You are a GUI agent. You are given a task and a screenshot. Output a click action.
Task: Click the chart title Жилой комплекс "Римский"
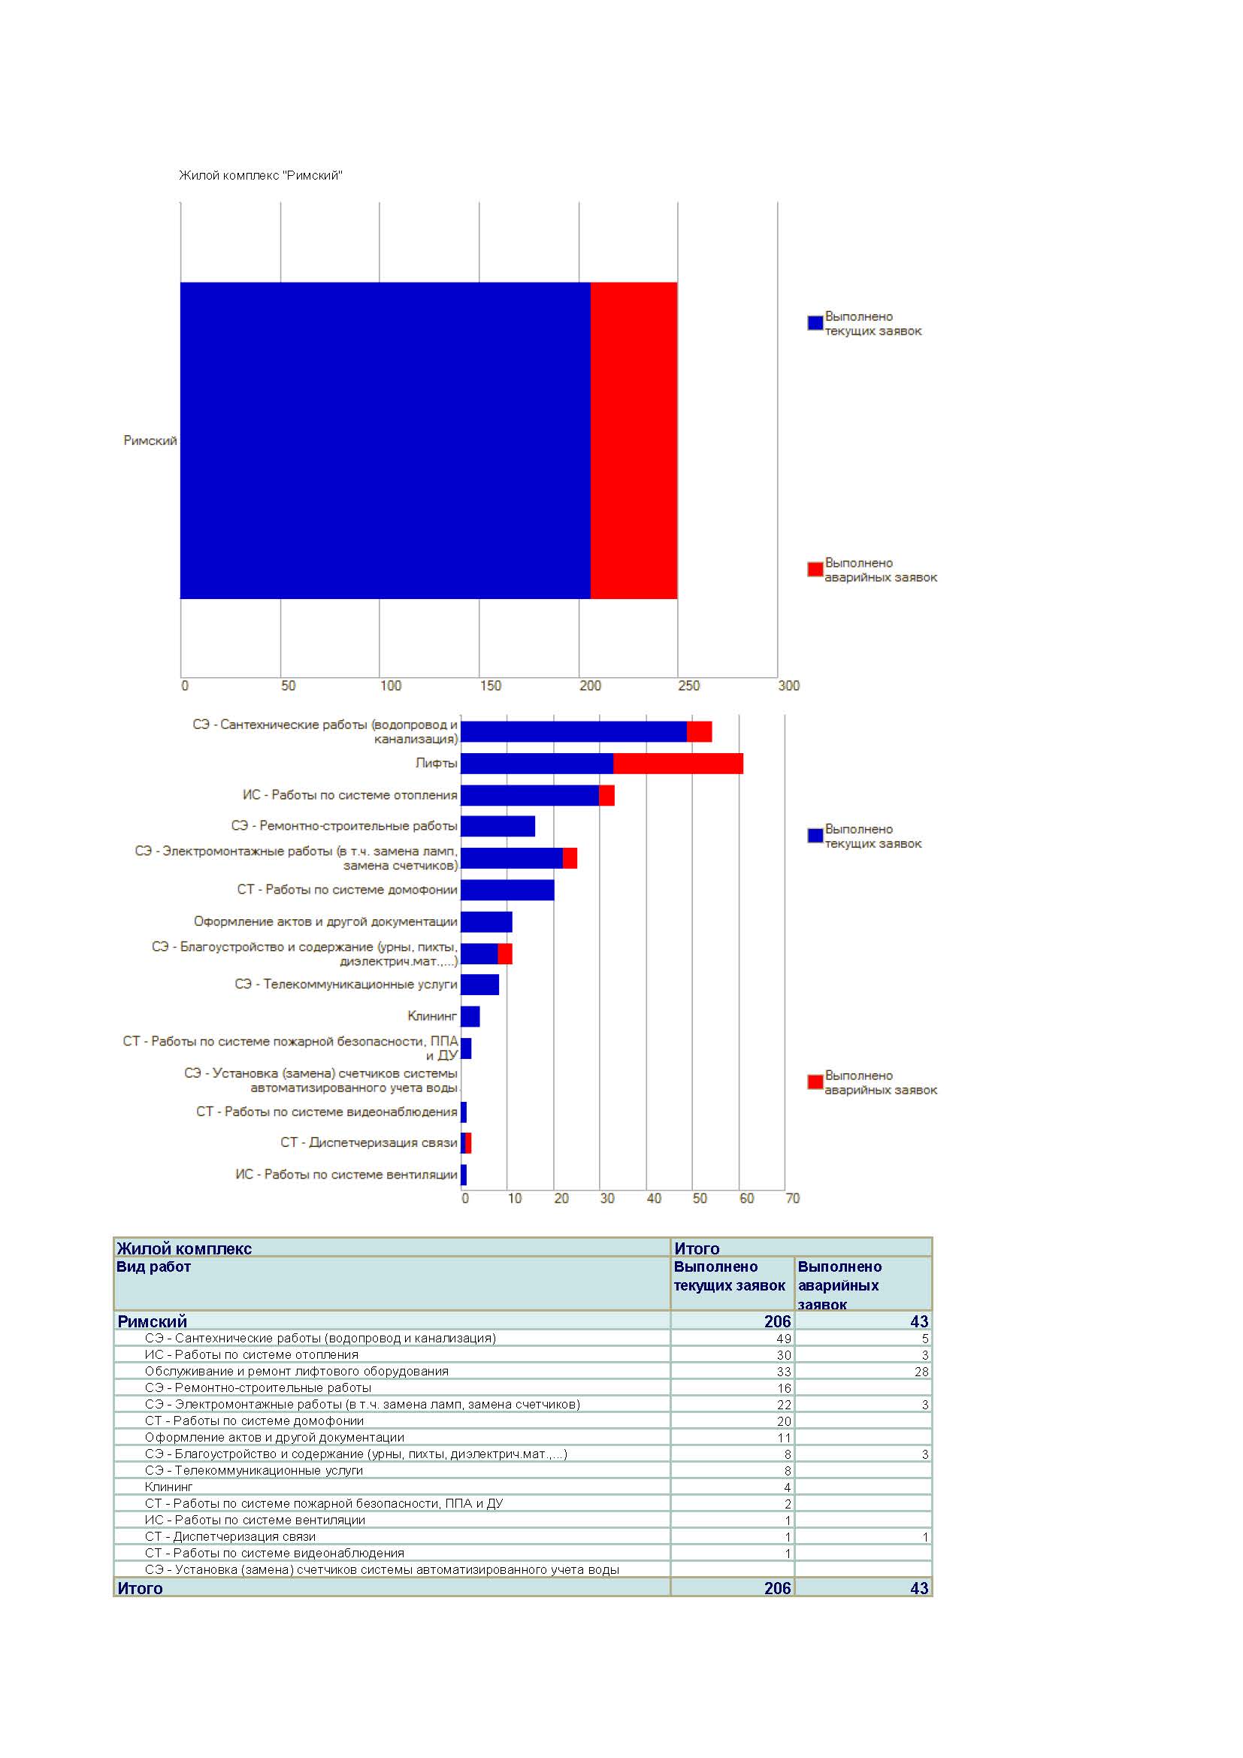(x=260, y=175)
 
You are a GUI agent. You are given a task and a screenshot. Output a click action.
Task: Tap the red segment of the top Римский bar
(x=634, y=440)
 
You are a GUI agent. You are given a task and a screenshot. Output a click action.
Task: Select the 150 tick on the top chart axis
(x=490, y=685)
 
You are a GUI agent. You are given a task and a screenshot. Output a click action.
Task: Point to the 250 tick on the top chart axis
(x=688, y=685)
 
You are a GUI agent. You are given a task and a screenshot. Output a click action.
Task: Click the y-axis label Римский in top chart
(x=150, y=440)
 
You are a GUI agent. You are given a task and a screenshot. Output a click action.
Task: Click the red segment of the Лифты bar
(x=678, y=764)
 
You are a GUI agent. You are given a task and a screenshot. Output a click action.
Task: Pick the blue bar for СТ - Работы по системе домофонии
(x=507, y=890)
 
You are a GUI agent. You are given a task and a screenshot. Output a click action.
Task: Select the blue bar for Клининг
(x=470, y=1017)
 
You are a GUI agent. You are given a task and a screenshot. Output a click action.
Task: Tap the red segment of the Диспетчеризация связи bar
(x=468, y=1143)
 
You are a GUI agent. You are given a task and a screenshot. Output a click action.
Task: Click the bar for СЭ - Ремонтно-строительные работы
(x=498, y=826)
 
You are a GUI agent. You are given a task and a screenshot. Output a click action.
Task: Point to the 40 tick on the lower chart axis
(x=654, y=1198)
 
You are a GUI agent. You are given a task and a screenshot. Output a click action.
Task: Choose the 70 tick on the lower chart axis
(x=792, y=1198)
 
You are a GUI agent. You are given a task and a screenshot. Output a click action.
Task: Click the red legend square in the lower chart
(x=815, y=1082)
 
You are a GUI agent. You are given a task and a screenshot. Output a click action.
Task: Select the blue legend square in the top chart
(x=815, y=323)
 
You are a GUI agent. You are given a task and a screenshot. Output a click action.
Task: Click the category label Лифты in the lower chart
(x=437, y=764)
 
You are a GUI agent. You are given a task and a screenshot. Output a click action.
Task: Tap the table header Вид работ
(x=153, y=1266)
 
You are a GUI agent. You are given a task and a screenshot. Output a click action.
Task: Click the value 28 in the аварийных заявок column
(x=921, y=1372)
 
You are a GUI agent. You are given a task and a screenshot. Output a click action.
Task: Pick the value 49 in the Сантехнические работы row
(x=784, y=1339)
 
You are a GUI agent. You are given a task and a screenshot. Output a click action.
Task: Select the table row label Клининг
(x=168, y=1487)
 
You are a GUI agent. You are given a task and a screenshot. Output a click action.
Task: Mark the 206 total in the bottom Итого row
(x=778, y=1589)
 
